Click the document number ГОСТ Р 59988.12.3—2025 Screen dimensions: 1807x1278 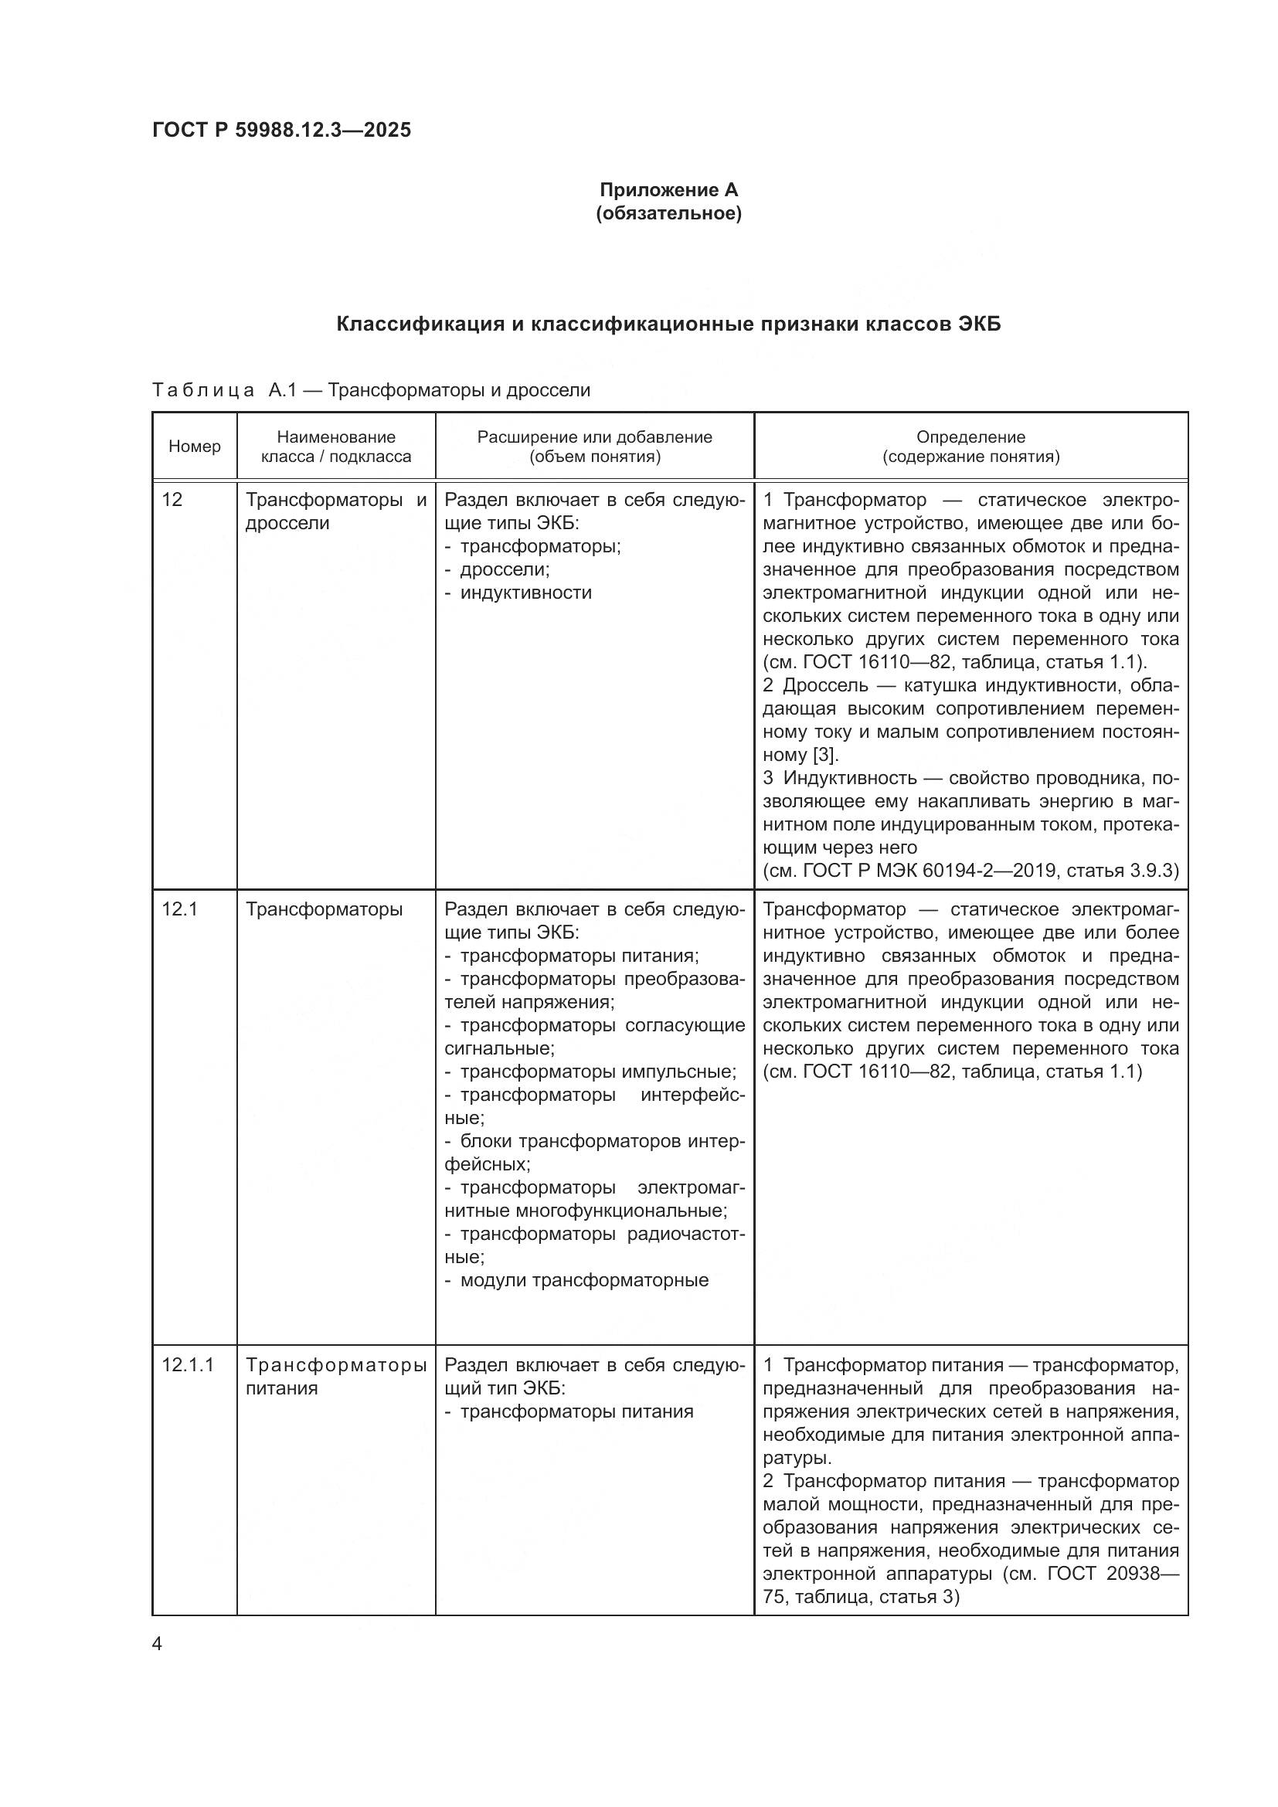[x=281, y=130]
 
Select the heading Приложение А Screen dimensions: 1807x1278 [x=668, y=190]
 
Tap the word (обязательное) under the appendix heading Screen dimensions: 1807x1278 [x=668, y=213]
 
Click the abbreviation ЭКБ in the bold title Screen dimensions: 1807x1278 [x=979, y=324]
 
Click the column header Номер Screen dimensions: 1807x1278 [x=195, y=447]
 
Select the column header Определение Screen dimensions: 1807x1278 [x=970, y=436]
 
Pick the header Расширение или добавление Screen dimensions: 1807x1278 [x=594, y=436]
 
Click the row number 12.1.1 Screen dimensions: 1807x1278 [x=187, y=1364]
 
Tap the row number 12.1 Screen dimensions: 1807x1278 [x=178, y=910]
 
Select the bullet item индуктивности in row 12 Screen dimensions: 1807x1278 [x=525, y=593]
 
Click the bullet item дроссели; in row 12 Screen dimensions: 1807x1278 [x=505, y=569]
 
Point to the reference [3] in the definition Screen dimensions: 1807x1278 [x=824, y=755]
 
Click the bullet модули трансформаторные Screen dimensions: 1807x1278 [x=583, y=1280]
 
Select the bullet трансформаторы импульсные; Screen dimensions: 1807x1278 [x=597, y=1072]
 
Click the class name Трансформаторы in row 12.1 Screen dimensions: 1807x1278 [x=324, y=910]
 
